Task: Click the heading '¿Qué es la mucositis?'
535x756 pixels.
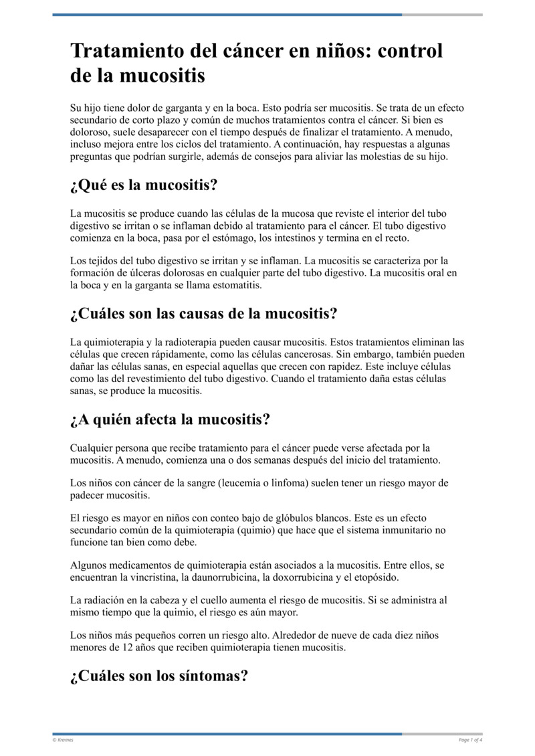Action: pos(144,185)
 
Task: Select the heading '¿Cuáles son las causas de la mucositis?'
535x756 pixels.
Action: pos(203,313)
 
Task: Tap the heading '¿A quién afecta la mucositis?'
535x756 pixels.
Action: pos(170,419)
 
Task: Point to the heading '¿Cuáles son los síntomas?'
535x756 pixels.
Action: pos(159,676)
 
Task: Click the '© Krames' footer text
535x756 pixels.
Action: pos(63,739)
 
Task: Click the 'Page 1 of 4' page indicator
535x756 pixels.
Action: pos(470,739)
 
